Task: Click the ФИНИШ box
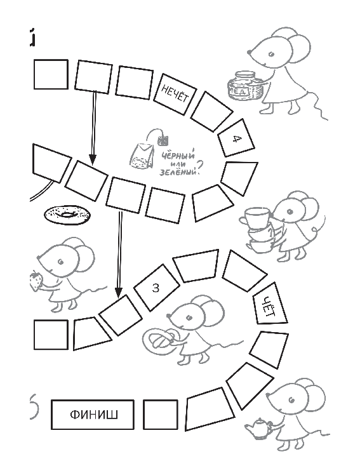coord(93,415)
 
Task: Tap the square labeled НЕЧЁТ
coord(175,94)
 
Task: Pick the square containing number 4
coord(236,138)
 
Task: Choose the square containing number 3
coord(156,288)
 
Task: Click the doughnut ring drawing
coord(68,214)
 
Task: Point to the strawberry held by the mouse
coord(36,281)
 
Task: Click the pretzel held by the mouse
coord(159,339)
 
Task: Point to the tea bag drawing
coord(142,154)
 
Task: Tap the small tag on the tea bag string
coord(163,140)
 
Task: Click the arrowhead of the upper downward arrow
coord(93,159)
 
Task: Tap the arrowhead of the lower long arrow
coord(119,293)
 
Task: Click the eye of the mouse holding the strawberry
coord(60,262)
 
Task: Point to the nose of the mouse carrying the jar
coord(249,52)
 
